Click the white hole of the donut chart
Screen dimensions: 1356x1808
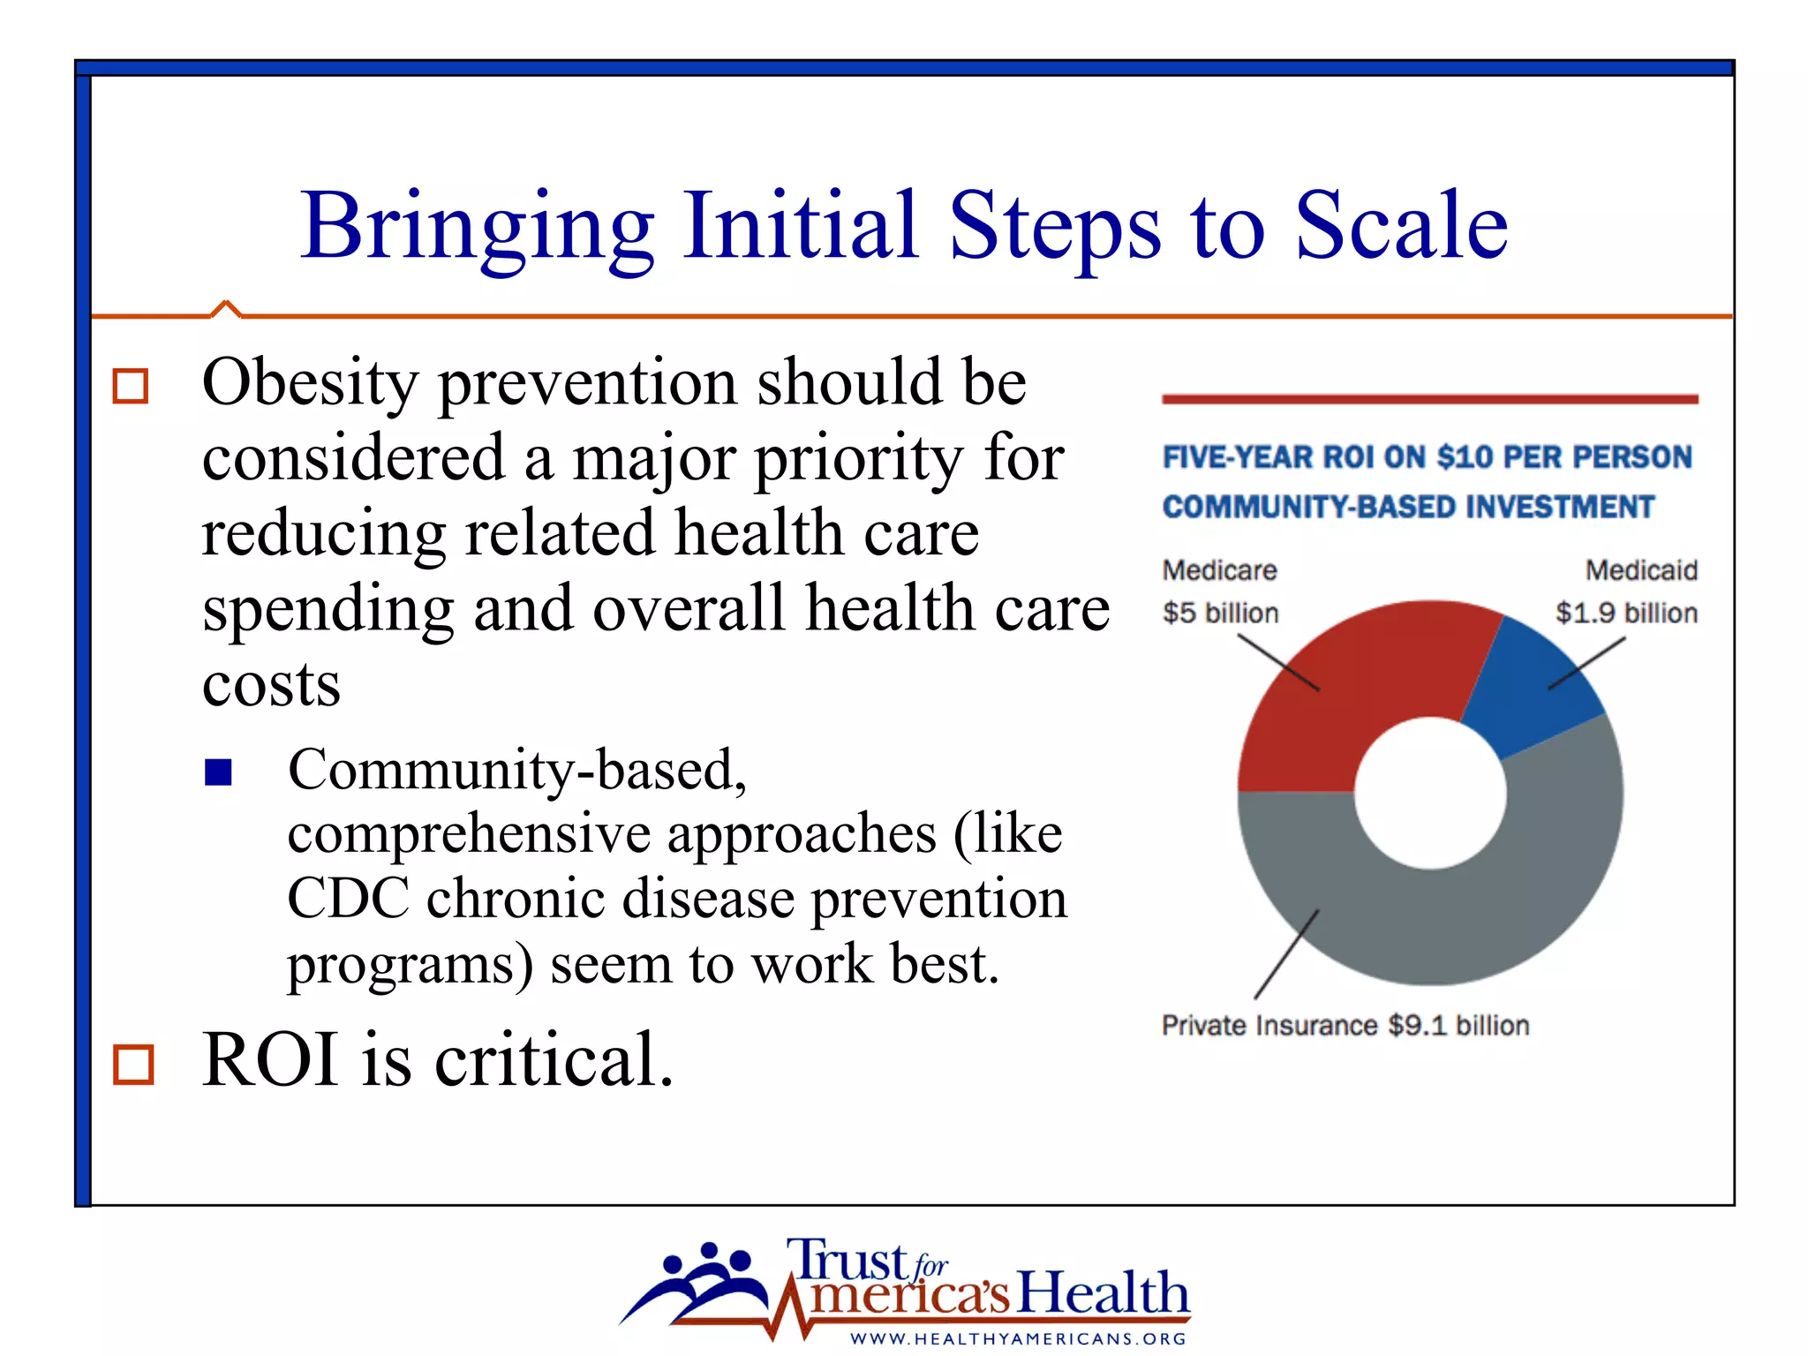[x=1430, y=792]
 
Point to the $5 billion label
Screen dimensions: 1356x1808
[x=1220, y=613]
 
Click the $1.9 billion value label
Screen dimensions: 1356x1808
[x=1626, y=613]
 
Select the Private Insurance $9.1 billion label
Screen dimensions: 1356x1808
[x=1345, y=1025]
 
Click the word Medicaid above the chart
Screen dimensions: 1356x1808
[x=1641, y=570]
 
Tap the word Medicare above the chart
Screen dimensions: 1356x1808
[x=1219, y=570]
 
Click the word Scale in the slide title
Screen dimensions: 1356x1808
[x=1401, y=227]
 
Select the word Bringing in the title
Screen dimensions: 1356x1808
[x=477, y=227]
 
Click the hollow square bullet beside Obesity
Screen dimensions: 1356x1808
[x=131, y=386]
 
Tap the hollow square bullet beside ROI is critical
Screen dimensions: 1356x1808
[x=133, y=1064]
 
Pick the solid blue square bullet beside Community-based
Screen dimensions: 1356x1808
[x=218, y=772]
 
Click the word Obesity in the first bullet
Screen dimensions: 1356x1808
[x=310, y=384]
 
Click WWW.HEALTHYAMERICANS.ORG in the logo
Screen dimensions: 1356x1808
[x=1018, y=1338]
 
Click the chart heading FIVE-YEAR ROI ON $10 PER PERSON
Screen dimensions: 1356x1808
[x=1427, y=457]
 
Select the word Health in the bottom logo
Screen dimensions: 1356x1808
[x=1104, y=1293]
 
